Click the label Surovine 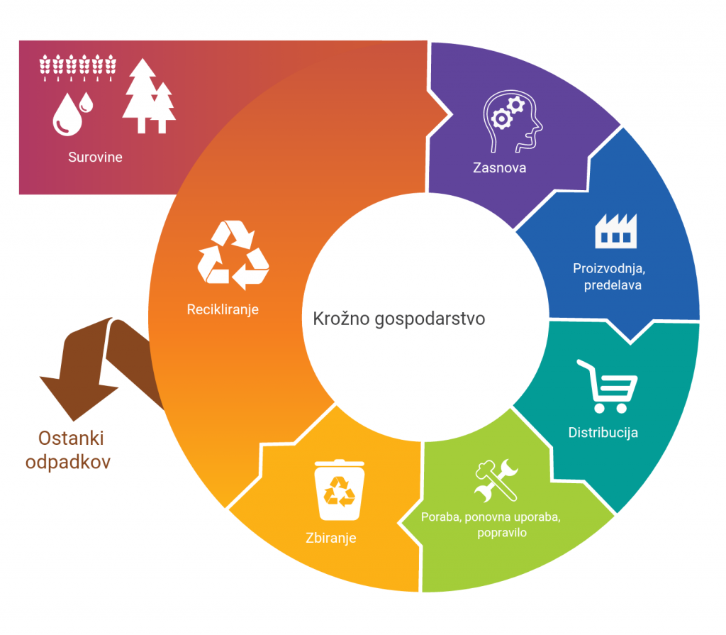95,157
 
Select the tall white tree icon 142,96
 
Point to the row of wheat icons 78,67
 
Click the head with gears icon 513,121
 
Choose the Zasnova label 500,167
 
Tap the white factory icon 616,231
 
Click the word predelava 613,285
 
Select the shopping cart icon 607,387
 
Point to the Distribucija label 603,433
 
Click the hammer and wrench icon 496,480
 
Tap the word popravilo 502,533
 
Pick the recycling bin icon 340,490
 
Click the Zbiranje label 331,538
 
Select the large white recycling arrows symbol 233,255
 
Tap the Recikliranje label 223,309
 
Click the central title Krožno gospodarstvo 399,319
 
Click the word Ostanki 71,438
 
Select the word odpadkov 68,462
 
